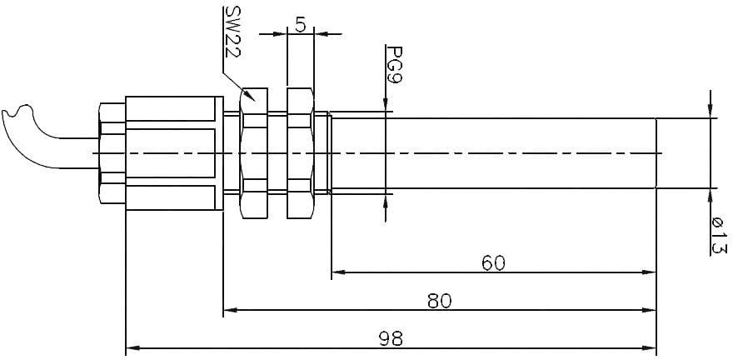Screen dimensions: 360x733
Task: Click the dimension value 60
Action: coord(493,262)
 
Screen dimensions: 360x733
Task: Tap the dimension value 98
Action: coord(391,338)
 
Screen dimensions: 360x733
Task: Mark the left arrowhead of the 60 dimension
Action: coord(337,272)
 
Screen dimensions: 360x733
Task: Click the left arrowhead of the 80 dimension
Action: coord(228,311)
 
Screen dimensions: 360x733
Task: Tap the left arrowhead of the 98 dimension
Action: coord(130,348)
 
